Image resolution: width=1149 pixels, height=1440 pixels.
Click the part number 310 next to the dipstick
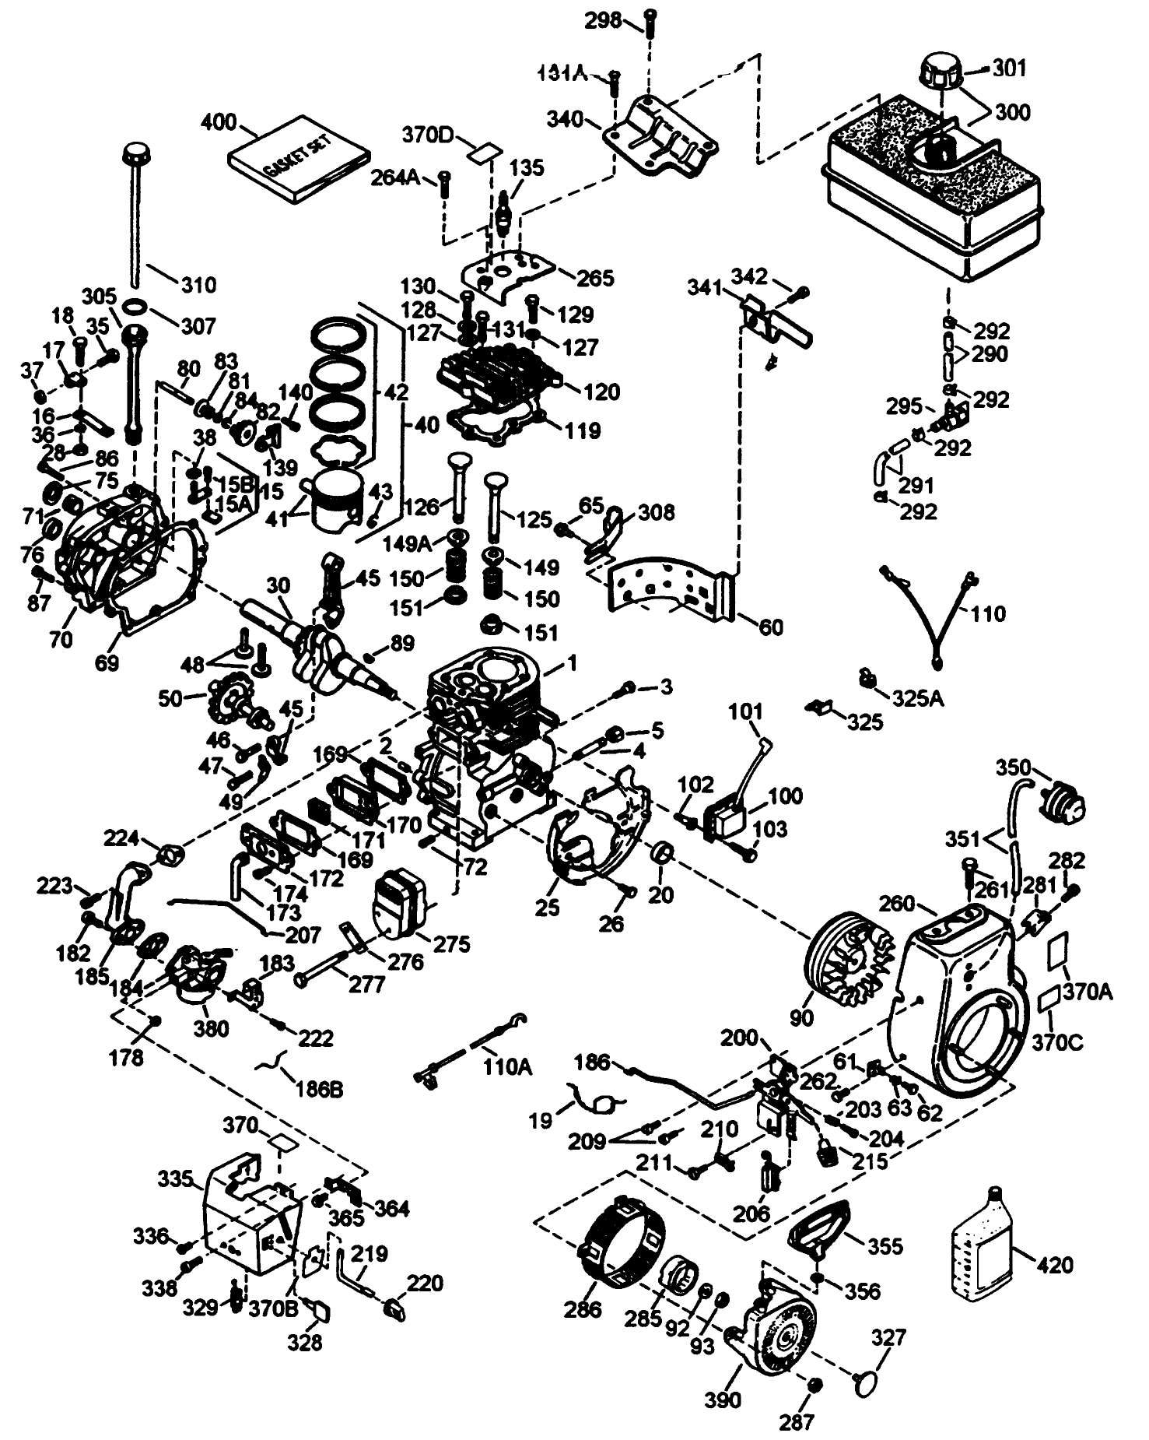pos(198,284)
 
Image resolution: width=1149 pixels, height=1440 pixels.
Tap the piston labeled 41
pos(335,500)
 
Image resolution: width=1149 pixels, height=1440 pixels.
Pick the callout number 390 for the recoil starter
pos(723,1399)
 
